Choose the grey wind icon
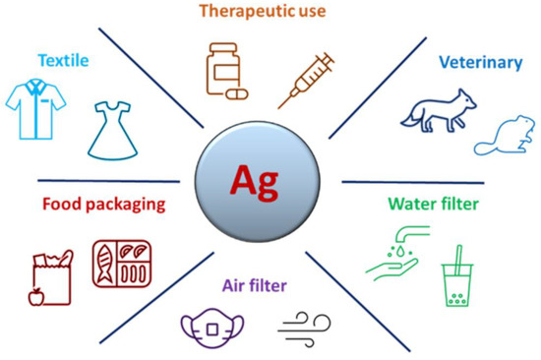click(305, 328)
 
